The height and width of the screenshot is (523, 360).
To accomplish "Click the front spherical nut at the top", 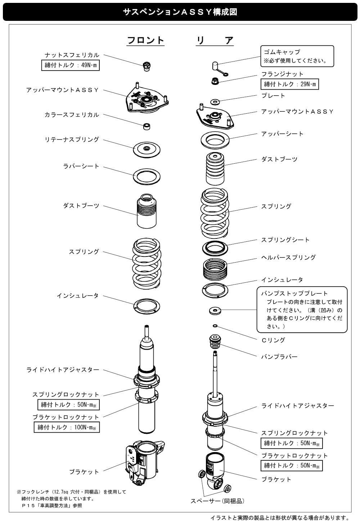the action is click(x=147, y=66).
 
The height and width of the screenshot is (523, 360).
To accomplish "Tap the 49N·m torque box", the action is click(x=70, y=65).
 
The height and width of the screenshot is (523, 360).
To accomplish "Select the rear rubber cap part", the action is click(x=219, y=69).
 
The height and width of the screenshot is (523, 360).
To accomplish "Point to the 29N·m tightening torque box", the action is click(x=290, y=84).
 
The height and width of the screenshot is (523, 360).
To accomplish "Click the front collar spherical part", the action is click(x=147, y=127).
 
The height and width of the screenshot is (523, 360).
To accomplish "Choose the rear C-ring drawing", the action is click(x=215, y=326).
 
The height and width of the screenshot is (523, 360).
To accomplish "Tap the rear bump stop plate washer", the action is click(x=215, y=310).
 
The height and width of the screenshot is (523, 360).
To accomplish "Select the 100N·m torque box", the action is click(x=67, y=427).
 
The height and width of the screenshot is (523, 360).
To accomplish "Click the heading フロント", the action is click(x=145, y=40).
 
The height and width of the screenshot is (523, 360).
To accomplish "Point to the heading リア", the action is click(x=215, y=40).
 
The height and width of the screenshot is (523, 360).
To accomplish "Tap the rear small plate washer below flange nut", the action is click(x=215, y=102).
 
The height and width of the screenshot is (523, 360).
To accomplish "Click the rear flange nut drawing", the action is click(x=215, y=81).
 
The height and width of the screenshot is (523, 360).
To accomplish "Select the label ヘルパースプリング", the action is click(x=288, y=258).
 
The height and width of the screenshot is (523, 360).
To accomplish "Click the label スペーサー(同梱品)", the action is click(x=217, y=501).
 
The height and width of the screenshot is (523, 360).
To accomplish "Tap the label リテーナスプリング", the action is click(x=72, y=140).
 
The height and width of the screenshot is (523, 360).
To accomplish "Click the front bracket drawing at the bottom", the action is click(x=145, y=465).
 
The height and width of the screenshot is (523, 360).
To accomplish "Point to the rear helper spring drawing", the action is click(x=215, y=269).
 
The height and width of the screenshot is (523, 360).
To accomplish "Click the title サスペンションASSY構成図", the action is click(x=180, y=12).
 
